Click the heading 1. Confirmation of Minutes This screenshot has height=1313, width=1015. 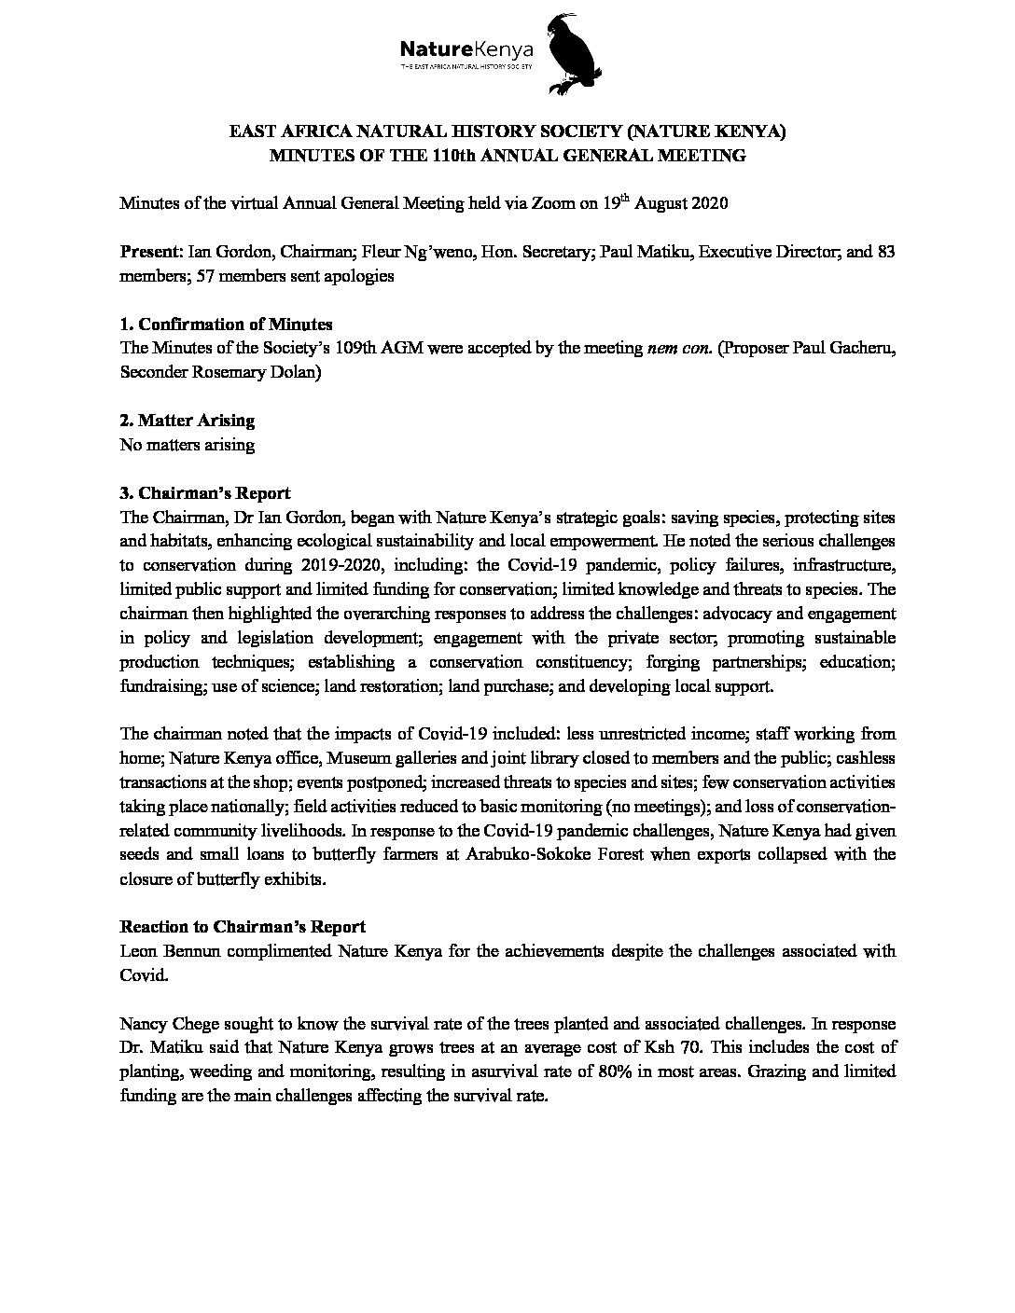(x=226, y=325)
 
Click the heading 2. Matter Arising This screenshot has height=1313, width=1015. (x=187, y=422)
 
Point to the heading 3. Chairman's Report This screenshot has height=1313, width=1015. (x=205, y=493)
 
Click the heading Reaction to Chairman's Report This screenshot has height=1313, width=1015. (x=243, y=927)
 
